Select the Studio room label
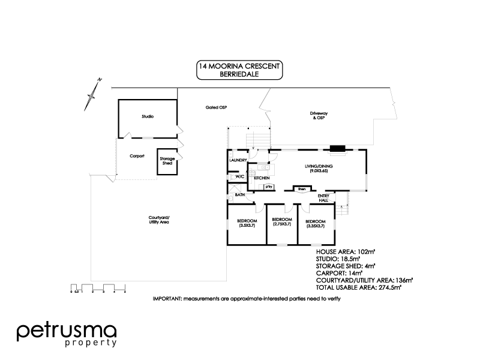148,116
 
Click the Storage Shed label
167,161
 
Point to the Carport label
137,155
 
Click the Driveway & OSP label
317,116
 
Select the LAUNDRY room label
238,160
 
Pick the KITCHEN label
261,178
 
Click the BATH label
239,195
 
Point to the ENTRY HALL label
323,197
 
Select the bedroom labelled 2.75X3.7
282,222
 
